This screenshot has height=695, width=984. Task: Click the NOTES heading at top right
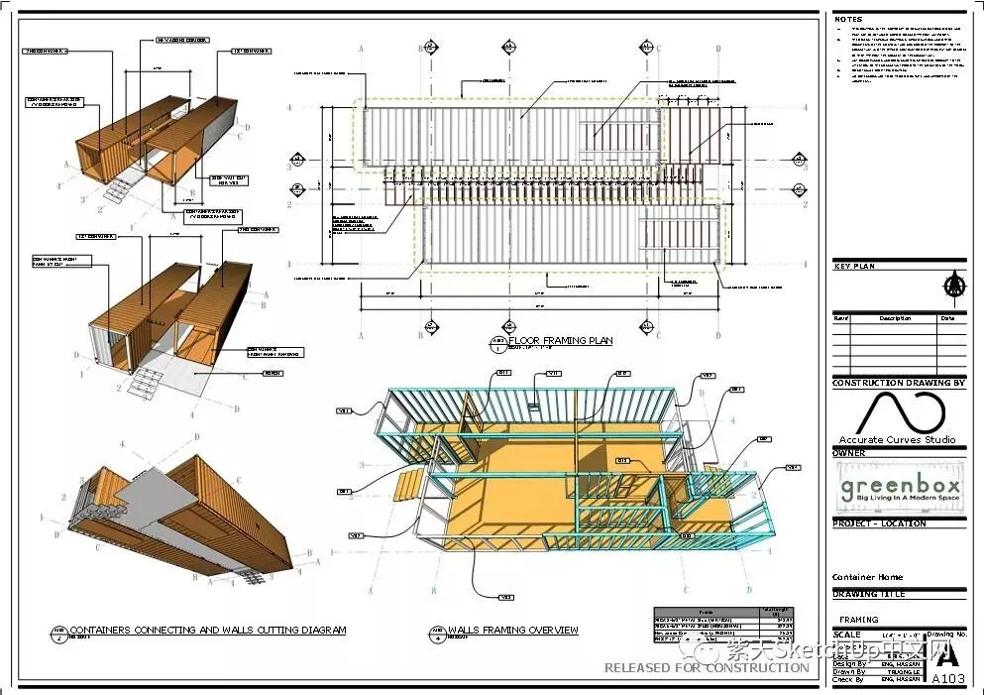(x=848, y=19)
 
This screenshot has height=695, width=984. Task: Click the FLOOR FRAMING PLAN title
(x=560, y=341)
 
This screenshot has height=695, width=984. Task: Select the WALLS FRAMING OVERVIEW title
(x=512, y=630)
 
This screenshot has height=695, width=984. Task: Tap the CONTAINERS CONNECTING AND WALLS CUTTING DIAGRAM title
(x=208, y=630)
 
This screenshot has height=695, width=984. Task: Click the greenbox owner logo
(x=900, y=489)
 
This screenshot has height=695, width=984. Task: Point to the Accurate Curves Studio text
(x=898, y=439)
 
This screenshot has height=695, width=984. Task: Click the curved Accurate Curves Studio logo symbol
(x=898, y=411)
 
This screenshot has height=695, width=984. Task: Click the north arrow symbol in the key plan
(x=953, y=285)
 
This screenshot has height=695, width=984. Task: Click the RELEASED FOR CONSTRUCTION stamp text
(x=707, y=667)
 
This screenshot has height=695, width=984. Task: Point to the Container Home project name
(x=867, y=577)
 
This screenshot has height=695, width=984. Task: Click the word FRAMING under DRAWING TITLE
(x=858, y=620)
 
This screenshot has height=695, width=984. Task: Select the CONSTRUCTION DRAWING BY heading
(x=898, y=383)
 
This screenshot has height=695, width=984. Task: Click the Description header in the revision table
(x=895, y=319)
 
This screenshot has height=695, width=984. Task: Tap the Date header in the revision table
(x=947, y=319)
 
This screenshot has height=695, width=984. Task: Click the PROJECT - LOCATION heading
(x=879, y=523)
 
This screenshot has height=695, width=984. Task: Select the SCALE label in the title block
(x=847, y=635)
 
